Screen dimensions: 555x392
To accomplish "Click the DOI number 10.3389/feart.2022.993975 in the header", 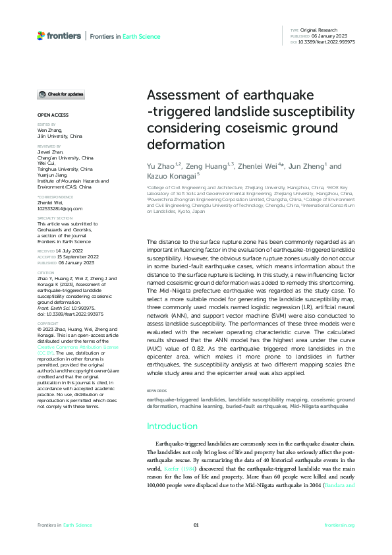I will [327, 42].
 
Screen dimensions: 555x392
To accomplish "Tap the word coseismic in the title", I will [259, 127].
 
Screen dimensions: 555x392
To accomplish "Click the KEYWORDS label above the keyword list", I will [157, 391].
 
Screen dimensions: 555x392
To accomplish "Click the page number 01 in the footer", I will [196, 525].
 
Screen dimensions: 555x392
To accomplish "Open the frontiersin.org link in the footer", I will [340, 525].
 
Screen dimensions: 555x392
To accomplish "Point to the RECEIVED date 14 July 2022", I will [65, 251].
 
